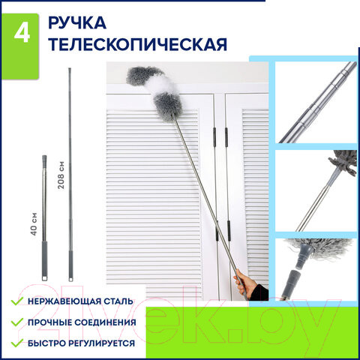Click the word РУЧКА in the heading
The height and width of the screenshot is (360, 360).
[77, 22]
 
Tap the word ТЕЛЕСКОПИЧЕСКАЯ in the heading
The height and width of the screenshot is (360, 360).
[137, 44]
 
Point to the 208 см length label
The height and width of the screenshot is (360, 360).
[61, 175]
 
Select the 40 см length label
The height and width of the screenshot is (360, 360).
[34, 224]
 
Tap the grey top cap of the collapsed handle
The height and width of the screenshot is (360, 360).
[44, 160]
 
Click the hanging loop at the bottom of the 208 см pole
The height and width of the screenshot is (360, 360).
[71, 279]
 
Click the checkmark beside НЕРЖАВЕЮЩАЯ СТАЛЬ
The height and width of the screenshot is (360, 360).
[17, 301]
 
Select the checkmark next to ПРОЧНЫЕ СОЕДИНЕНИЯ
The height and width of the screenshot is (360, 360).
[17, 322]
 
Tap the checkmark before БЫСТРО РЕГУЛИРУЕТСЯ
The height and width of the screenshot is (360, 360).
[17, 343]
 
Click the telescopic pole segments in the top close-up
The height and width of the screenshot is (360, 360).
[318, 103]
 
